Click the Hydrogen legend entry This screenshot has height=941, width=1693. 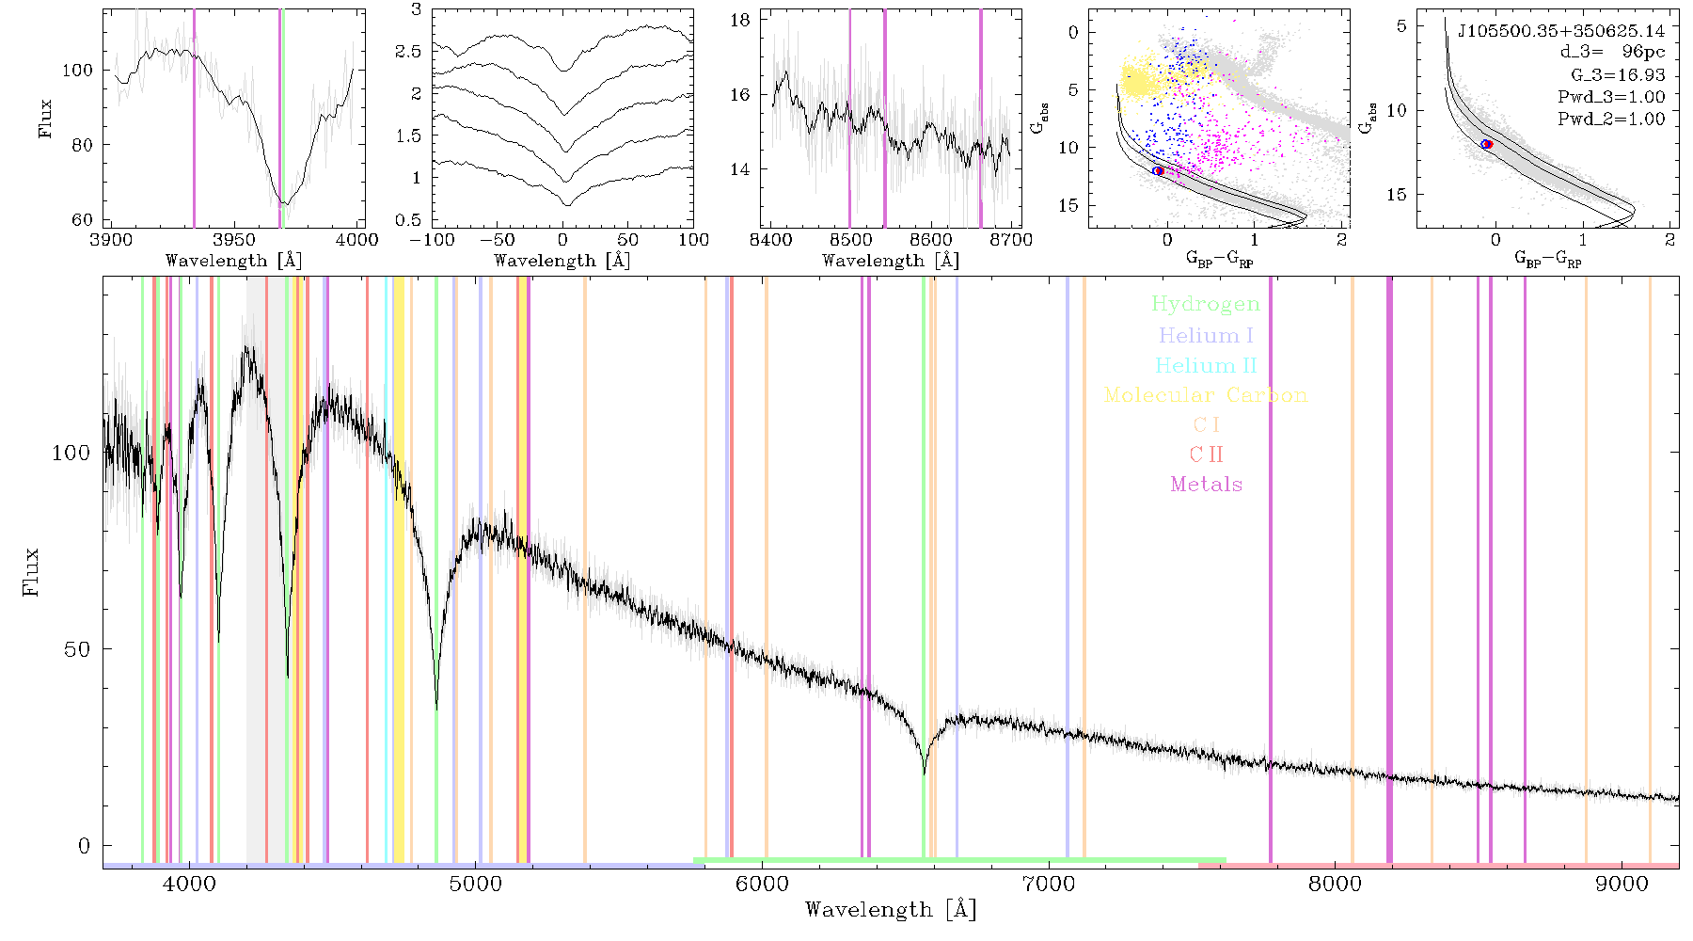(x=1205, y=304)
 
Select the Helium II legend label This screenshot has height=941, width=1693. (x=1206, y=365)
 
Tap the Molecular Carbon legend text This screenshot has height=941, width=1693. (x=1206, y=395)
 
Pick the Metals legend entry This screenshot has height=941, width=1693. (x=1207, y=485)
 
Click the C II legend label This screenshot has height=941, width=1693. (x=1206, y=455)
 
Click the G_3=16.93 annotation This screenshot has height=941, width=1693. (x=1618, y=75)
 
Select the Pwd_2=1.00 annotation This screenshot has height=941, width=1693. (x=1611, y=119)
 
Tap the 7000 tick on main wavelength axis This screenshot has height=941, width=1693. (x=1049, y=884)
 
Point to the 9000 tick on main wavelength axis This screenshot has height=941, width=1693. (x=1622, y=884)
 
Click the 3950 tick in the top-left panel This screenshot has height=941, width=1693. (x=234, y=240)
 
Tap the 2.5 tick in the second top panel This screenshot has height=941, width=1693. (x=408, y=51)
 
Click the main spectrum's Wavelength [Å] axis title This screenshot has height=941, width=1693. (x=891, y=910)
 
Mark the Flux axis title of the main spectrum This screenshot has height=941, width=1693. (x=31, y=571)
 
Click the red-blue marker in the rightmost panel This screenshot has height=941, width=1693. (x=1487, y=144)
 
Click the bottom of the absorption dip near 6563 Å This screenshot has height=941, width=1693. (x=924, y=774)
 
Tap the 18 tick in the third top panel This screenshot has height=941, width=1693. (x=741, y=20)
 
